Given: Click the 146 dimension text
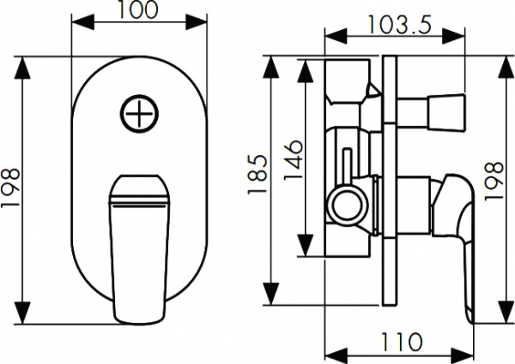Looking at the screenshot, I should coord(293,158).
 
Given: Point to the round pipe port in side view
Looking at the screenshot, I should coord(348,207).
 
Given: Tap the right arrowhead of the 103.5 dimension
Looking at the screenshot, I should coord(459,37).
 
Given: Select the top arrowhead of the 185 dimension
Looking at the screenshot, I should coord(274,64).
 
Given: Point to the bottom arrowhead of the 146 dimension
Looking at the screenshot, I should coord(304,250).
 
